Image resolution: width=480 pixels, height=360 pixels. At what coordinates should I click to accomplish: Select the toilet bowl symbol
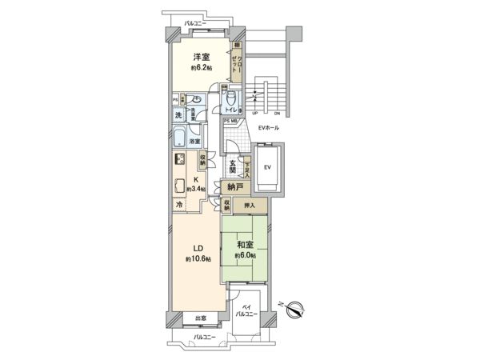230,99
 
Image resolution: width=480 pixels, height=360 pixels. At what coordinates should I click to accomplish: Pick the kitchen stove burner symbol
181,158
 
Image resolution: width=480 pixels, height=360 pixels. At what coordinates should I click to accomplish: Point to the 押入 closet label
250,206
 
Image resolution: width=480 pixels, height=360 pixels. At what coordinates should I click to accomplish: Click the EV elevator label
267,166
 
